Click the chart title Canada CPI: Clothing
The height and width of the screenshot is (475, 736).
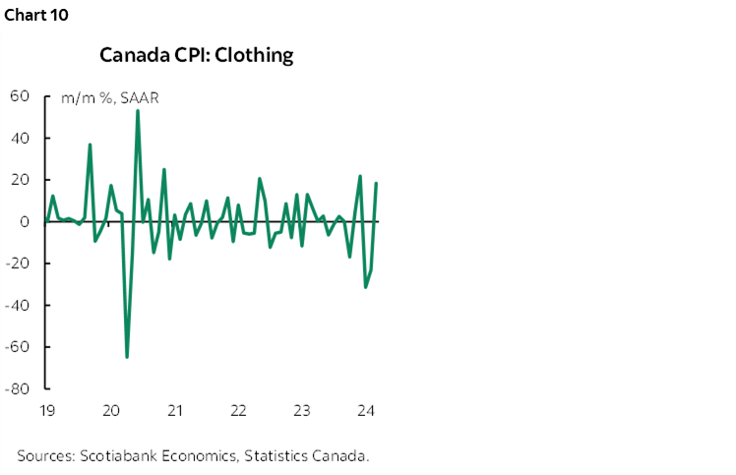(197, 55)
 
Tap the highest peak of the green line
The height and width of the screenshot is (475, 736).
(137, 111)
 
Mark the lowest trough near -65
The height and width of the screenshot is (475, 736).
(127, 357)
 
